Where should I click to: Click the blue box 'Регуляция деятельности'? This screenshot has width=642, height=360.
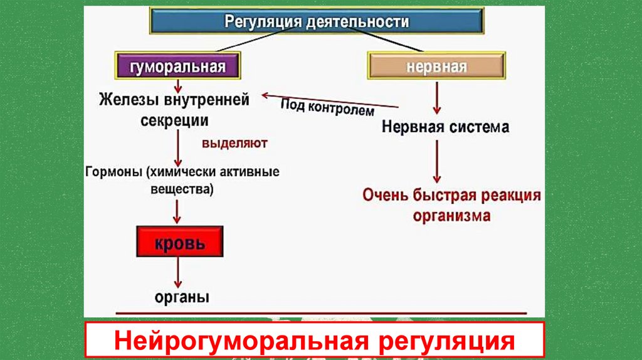tap(317, 22)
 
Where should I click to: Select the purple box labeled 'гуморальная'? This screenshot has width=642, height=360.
tap(177, 67)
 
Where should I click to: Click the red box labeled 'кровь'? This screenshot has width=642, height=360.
tap(180, 242)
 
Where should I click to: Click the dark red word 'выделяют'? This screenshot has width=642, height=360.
tap(234, 144)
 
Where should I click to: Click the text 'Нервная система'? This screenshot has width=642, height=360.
tap(445, 127)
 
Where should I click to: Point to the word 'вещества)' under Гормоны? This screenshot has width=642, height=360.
tap(182, 188)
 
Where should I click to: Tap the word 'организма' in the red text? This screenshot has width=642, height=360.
tap(451, 215)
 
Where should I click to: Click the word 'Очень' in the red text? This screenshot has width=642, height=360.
tap(384, 194)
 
